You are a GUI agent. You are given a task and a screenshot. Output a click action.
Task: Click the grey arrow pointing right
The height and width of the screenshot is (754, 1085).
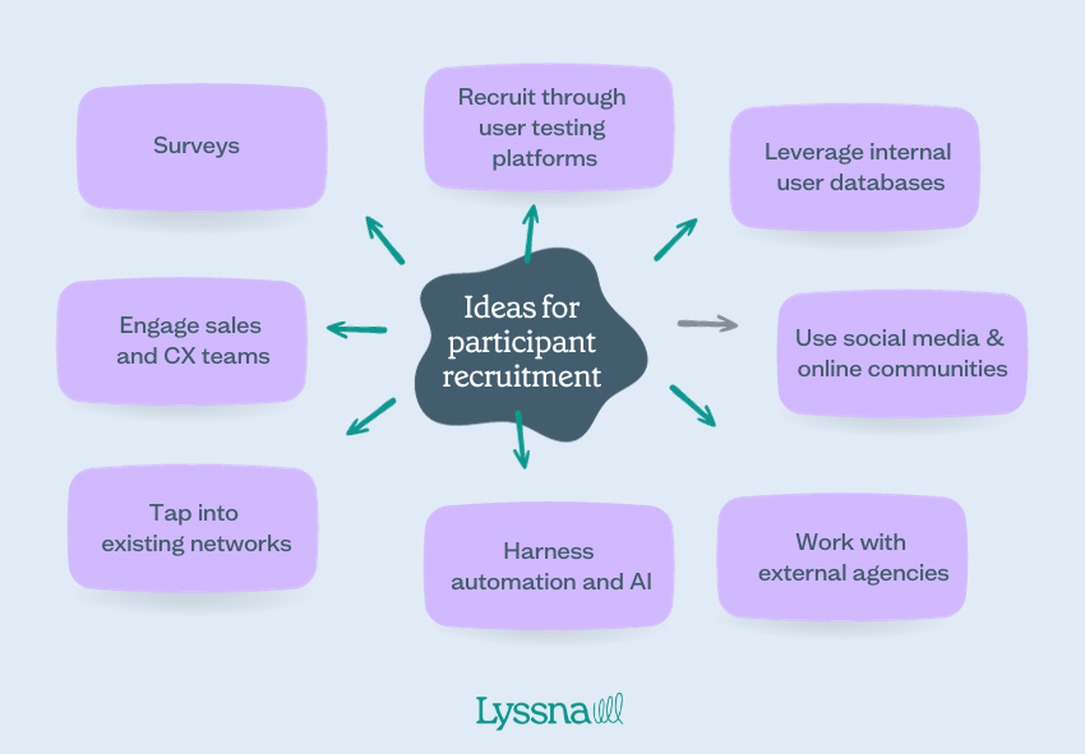708,324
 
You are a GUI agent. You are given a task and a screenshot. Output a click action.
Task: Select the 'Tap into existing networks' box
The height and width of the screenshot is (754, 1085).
193,528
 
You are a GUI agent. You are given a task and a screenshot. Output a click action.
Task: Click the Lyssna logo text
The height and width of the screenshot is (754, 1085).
533,712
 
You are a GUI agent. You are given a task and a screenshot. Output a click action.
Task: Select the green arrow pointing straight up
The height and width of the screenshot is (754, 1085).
530,233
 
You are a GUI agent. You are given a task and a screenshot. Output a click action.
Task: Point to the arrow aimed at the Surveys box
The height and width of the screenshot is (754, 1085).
384,239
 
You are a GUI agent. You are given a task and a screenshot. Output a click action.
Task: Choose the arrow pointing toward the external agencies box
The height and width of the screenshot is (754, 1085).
693,406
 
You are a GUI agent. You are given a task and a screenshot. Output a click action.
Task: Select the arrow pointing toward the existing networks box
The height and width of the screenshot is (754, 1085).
371,417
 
